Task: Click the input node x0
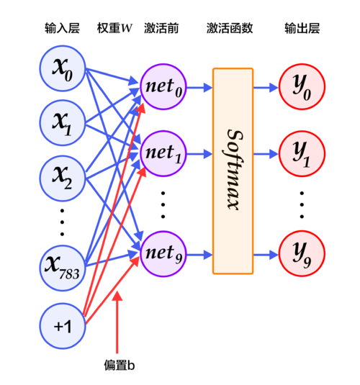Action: [63, 70]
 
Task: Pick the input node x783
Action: [63, 268]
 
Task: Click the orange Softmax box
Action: [233, 171]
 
